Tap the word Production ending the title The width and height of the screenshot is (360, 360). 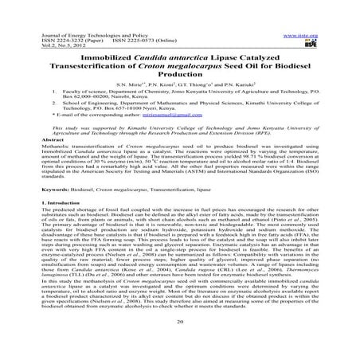(x=179, y=64)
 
